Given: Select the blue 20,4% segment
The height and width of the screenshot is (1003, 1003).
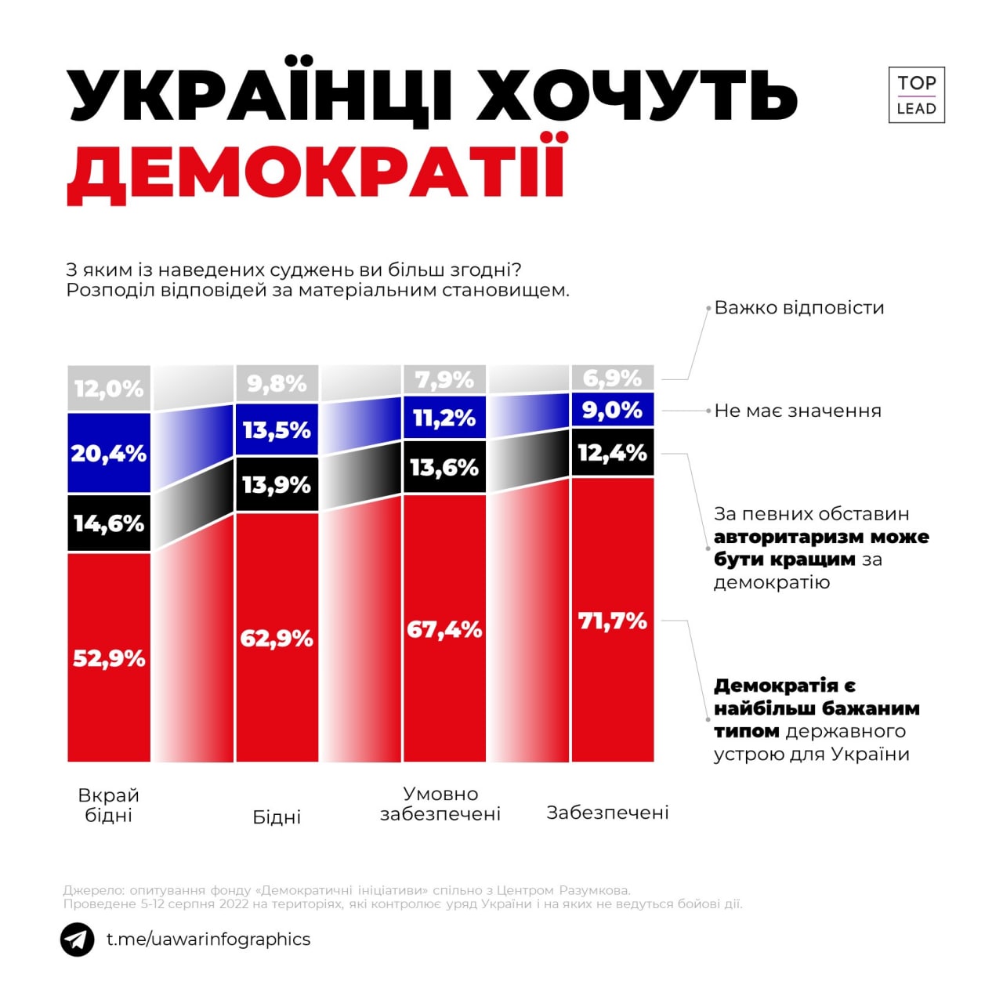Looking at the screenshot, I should click(109, 453).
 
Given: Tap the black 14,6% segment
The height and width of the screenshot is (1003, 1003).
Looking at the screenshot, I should click(109, 523).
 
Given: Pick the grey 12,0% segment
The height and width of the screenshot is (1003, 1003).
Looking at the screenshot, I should click(109, 388).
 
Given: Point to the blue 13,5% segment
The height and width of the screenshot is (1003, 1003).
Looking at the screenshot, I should click(277, 429).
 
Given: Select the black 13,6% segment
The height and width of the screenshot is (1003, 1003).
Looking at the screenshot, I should click(444, 467).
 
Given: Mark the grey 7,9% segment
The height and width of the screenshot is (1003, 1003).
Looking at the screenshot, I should click(444, 380).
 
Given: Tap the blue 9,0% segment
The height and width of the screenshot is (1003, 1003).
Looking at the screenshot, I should click(612, 410).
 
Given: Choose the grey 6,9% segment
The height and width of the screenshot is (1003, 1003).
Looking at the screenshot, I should click(612, 378).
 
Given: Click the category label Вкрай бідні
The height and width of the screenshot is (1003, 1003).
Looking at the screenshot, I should click(109, 805).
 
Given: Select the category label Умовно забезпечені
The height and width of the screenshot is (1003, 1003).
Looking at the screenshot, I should click(440, 804).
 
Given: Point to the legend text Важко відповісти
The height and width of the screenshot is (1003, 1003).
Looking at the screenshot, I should click(799, 308).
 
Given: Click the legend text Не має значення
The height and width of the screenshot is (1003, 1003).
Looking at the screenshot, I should click(798, 411).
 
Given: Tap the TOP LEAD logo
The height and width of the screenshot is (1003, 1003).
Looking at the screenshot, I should click(916, 95).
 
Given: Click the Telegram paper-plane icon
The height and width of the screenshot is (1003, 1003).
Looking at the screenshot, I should click(78, 940).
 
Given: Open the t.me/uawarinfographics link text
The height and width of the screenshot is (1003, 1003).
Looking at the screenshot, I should click(208, 940).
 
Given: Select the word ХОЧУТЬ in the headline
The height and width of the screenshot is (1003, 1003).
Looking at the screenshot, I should click(636, 96).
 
